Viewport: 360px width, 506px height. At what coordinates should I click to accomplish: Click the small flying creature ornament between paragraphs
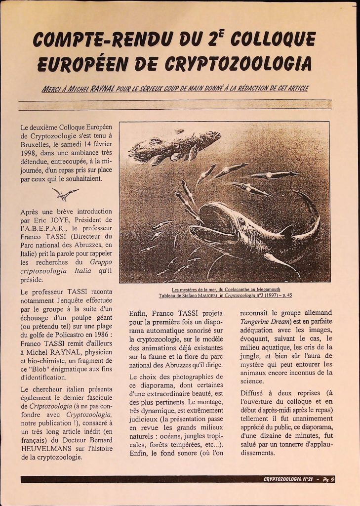tap(65, 194)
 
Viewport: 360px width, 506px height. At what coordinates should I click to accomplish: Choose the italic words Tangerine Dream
tap(265, 322)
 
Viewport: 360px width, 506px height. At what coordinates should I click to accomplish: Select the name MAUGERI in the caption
tap(209, 295)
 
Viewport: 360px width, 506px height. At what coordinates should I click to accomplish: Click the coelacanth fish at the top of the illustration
tap(173, 146)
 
